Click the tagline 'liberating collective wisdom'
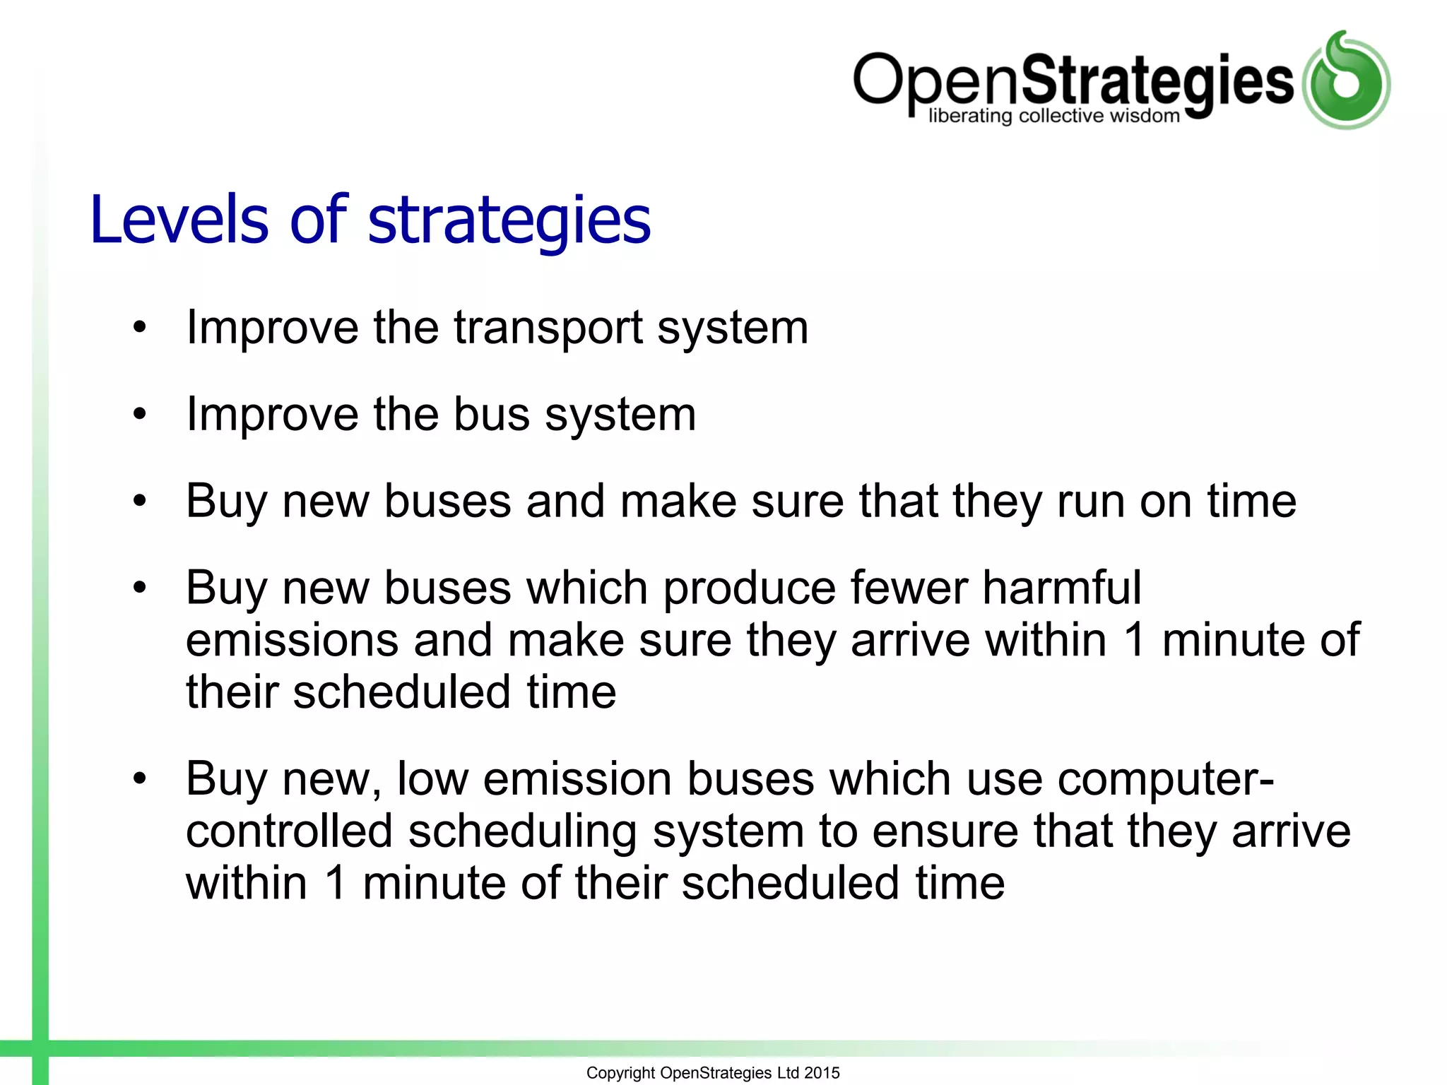1054,117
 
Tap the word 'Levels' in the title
179,220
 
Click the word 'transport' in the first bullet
548,329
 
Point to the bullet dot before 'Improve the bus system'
140,415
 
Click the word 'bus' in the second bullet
492,415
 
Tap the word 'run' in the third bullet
1090,502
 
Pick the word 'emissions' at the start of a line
292,640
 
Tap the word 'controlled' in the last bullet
289,831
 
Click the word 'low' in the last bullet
432,779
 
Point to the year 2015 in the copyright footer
822,1073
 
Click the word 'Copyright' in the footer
620,1073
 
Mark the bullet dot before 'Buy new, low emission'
140,779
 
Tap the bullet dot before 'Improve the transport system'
140,328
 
